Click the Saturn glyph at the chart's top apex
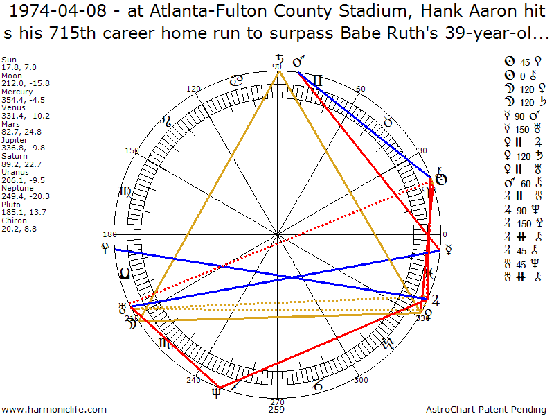point(279,61)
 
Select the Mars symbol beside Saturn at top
point(299,62)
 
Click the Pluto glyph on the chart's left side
point(105,245)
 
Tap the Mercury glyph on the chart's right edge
point(448,248)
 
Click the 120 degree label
point(193,89)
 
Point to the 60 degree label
point(360,89)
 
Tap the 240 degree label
point(193,380)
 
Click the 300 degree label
point(360,380)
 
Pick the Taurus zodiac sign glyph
point(388,122)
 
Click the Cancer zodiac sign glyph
point(236,81)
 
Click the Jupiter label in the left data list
point(12,139)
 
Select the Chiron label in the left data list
point(10,220)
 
